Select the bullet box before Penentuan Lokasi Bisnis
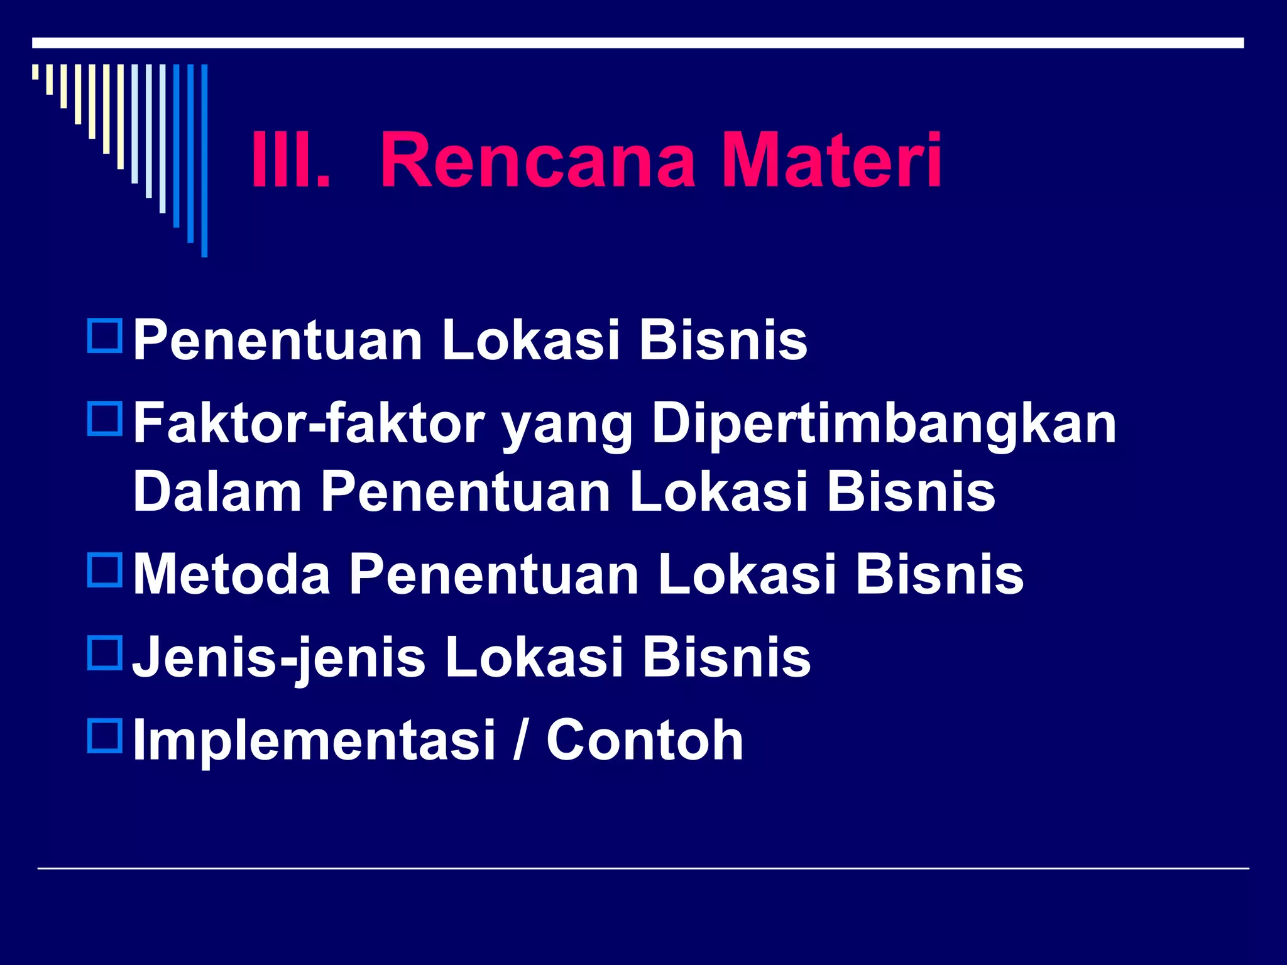[105, 336]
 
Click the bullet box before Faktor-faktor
[105, 419]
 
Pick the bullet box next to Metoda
[105, 570]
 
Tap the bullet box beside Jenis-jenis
[105, 653]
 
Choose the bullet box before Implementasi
[105, 736]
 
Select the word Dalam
[217, 492]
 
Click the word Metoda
[232, 574]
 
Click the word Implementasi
[314, 741]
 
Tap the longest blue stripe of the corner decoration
[204, 160]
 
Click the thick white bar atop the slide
[638, 43]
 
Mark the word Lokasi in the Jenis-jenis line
[534, 657]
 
